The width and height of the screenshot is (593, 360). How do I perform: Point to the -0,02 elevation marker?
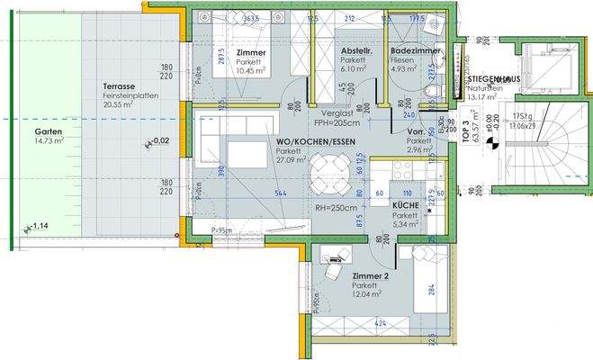pos(159,141)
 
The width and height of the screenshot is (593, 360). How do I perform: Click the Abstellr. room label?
pos(357,52)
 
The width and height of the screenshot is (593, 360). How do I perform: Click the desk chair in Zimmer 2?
pos(334,268)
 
